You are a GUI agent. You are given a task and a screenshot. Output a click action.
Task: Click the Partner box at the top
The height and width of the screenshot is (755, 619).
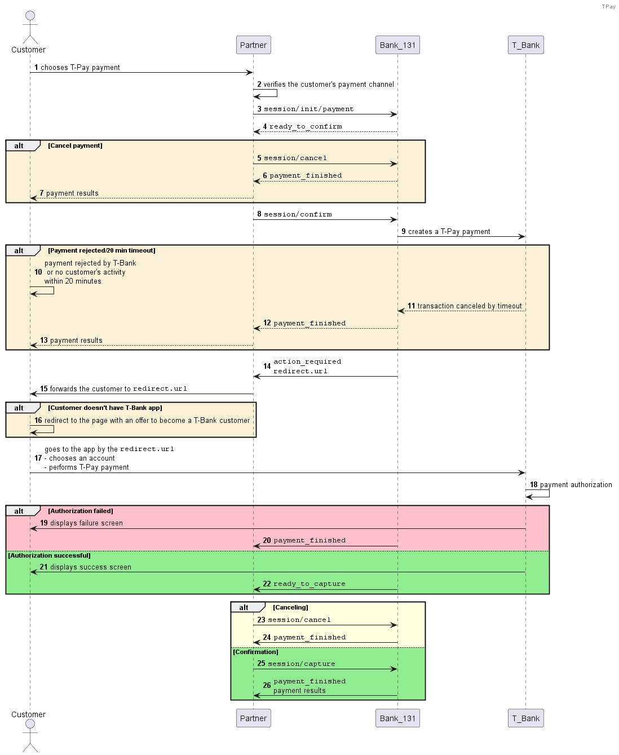[x=253, y=45]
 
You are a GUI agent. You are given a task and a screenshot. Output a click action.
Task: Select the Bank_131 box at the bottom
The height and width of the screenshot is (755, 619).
[x=397, y=718]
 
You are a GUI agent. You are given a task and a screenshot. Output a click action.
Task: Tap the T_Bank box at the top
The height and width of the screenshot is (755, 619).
[x=525, y=45]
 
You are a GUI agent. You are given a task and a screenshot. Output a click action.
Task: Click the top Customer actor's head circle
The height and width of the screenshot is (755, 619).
[x=30, y=15]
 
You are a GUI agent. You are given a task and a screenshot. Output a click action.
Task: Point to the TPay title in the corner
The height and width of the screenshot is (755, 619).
[x=608, y=6]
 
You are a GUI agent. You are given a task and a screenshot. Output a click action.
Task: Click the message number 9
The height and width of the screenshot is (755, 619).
[x=404, y=231]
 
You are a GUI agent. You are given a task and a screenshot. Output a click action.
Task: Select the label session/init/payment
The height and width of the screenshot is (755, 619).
[x=308, y=109]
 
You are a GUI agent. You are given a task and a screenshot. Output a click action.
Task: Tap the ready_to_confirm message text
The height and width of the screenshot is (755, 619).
[x=306, y=126]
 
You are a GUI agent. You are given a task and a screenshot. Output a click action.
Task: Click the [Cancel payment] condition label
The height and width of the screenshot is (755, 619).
[x=75, y=145]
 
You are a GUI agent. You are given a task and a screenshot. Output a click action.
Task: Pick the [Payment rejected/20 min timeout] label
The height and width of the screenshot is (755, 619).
[x=101, y=250]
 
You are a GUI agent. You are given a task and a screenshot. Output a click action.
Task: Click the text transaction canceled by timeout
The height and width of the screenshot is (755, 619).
[x=470, y=306]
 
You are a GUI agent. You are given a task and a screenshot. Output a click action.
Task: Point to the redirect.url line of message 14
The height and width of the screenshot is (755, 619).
[x=300, y=371]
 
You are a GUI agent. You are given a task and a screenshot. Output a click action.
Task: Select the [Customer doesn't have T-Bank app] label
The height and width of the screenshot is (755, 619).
[x=105, y=408]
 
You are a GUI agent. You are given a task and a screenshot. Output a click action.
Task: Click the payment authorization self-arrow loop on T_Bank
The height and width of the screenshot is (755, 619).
[x=549, y=493]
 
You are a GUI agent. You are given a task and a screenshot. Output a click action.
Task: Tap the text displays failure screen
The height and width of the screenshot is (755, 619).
[x=86, y=523]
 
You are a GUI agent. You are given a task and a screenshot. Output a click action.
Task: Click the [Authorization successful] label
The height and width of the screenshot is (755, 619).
[x=49, y=555]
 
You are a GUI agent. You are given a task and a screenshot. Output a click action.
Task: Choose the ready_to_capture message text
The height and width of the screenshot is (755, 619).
[x=309, y=584]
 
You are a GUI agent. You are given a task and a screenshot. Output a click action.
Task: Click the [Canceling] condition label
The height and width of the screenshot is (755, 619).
[x=290, y=607]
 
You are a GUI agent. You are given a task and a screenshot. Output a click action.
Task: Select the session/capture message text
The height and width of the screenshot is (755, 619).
[x=302, y=663]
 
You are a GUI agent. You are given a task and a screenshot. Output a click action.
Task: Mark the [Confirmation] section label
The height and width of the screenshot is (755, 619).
[x=255, y=652]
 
